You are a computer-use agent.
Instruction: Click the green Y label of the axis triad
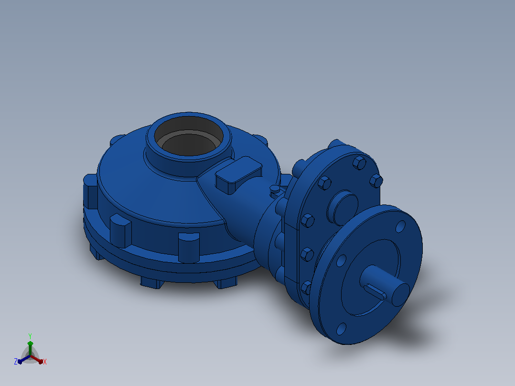click(x=30, y=336)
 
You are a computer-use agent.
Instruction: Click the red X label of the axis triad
click(x=45, y=362)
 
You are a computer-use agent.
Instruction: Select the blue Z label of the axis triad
click(x=16, y=361)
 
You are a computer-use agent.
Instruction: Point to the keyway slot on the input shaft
click(x=375, y=291)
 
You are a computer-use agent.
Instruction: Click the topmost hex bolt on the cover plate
click(x=359, y=162)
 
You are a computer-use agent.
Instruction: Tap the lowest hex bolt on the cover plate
click(x=306, y=288)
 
